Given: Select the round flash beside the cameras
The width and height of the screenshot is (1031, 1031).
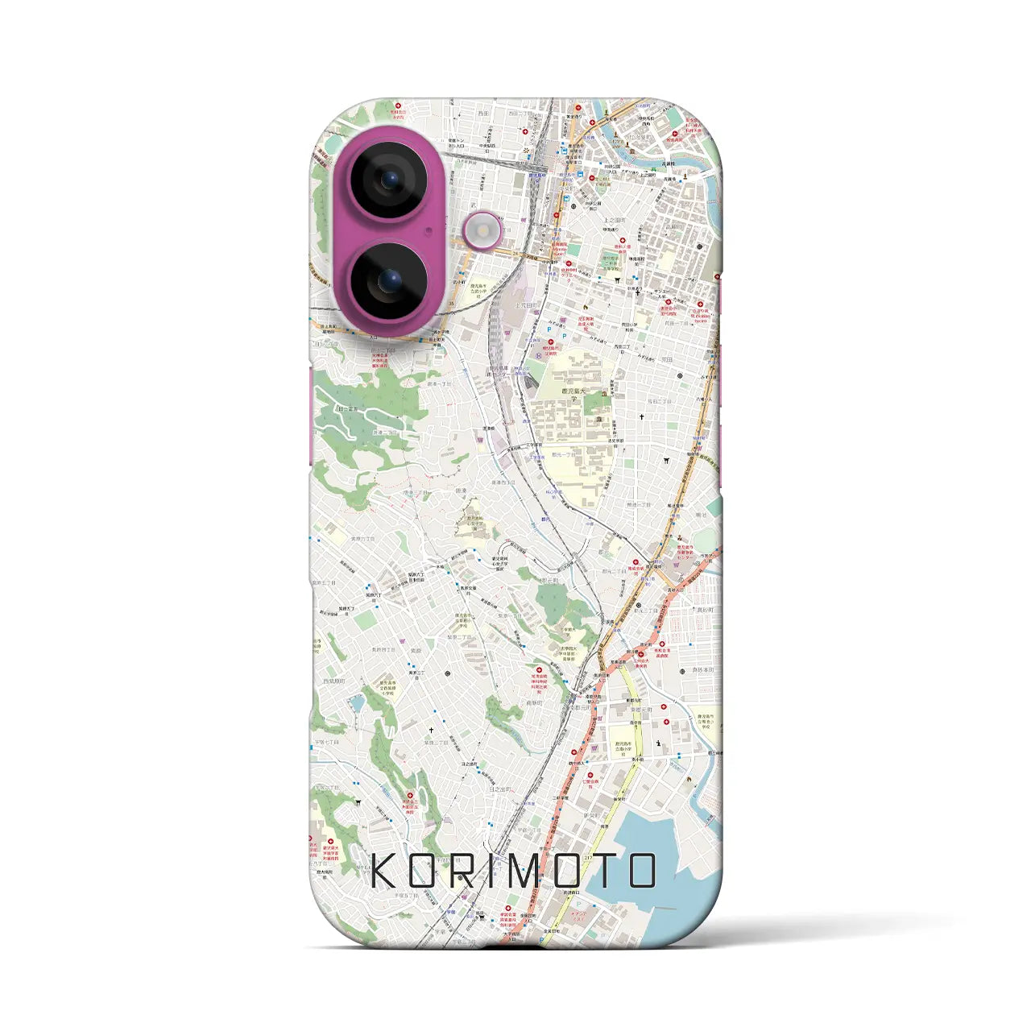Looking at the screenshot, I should click(x=482, y=232).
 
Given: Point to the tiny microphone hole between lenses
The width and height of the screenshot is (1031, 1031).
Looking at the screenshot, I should click(x=429, y=230).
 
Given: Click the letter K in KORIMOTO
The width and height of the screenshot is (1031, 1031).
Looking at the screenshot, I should click(x=385, y=871).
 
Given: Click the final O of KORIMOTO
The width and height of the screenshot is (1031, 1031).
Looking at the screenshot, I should click(x=641, y=871).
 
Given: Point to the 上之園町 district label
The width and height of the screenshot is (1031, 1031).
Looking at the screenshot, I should click(x=615, y=220).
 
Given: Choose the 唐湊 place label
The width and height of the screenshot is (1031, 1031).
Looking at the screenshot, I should click(x=461, y=490).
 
